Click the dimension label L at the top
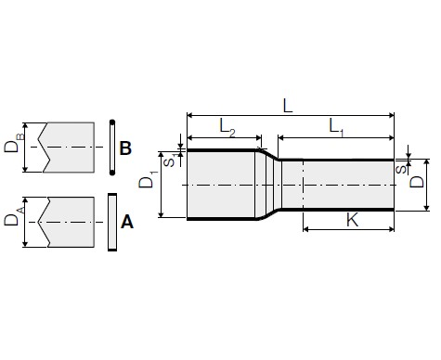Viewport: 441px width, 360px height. pos(288,106)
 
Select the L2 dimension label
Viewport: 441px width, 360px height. pos(227,127)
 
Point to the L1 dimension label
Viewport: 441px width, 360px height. pos(336,127)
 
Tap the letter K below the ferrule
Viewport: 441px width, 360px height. pos(352,220)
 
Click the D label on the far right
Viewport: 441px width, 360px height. pos(417,182)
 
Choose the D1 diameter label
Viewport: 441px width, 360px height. pos(147,179)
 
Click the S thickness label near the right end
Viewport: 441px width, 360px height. pos(401,169)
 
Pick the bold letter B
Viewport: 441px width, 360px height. pos(125,148)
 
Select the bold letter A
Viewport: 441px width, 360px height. pos(127,222)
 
